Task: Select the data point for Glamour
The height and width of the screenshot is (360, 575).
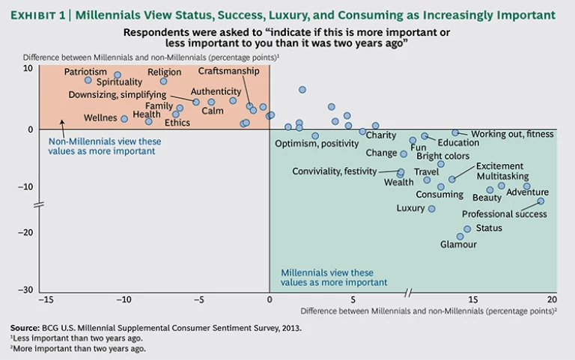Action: pos(460,237)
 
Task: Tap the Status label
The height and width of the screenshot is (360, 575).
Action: pos(489,228)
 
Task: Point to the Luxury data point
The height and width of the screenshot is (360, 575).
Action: pos(431,209)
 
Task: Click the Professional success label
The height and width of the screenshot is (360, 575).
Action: pos(504,214)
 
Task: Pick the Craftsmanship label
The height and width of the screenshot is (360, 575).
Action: pos(228,71)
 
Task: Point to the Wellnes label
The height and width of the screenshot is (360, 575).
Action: pos(100,118)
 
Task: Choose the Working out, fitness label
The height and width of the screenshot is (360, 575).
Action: pos(512,134)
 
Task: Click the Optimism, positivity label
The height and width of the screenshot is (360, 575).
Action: pos(317,143)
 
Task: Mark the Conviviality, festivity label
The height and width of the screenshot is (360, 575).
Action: pos(335,171)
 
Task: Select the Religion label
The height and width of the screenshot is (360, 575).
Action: pos(164,72)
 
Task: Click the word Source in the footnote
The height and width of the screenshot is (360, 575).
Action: pos(25,328)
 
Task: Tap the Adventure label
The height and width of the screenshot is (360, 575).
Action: pos(527,192)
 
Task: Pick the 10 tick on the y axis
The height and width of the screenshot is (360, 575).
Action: pos(28,68)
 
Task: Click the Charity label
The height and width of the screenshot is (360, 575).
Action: pos(381,135)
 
